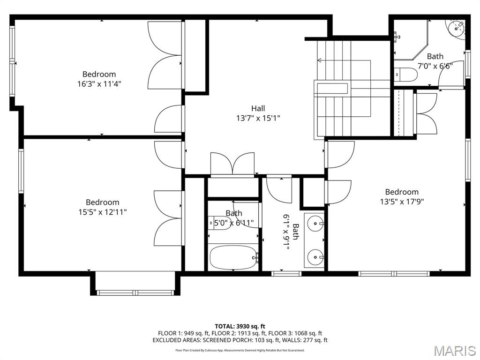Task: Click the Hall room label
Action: pyautogui.click(x=258, y=108)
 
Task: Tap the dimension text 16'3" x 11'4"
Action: pyautogui.click(x=99, y=84)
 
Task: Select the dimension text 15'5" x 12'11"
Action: pyautogui.click(x=102, y=212)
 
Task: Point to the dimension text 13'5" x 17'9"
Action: pyautogui.click(x=402, y=202)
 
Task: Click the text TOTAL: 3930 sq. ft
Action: pyautogui.click(x=240, y=326)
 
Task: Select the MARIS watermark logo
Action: pyautogui.click(x=454, y=351)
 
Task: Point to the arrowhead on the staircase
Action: pyautogui.click(x=320, y=60)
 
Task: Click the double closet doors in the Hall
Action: pyautogui.click(x=232, y=164)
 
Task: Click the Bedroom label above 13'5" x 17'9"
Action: pyautogui.click(x=402, y=192)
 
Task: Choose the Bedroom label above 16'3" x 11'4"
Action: pyautogui.click(x=99, y=74)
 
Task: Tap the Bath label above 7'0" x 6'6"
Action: pyautogui.click(x=435, y=57)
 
